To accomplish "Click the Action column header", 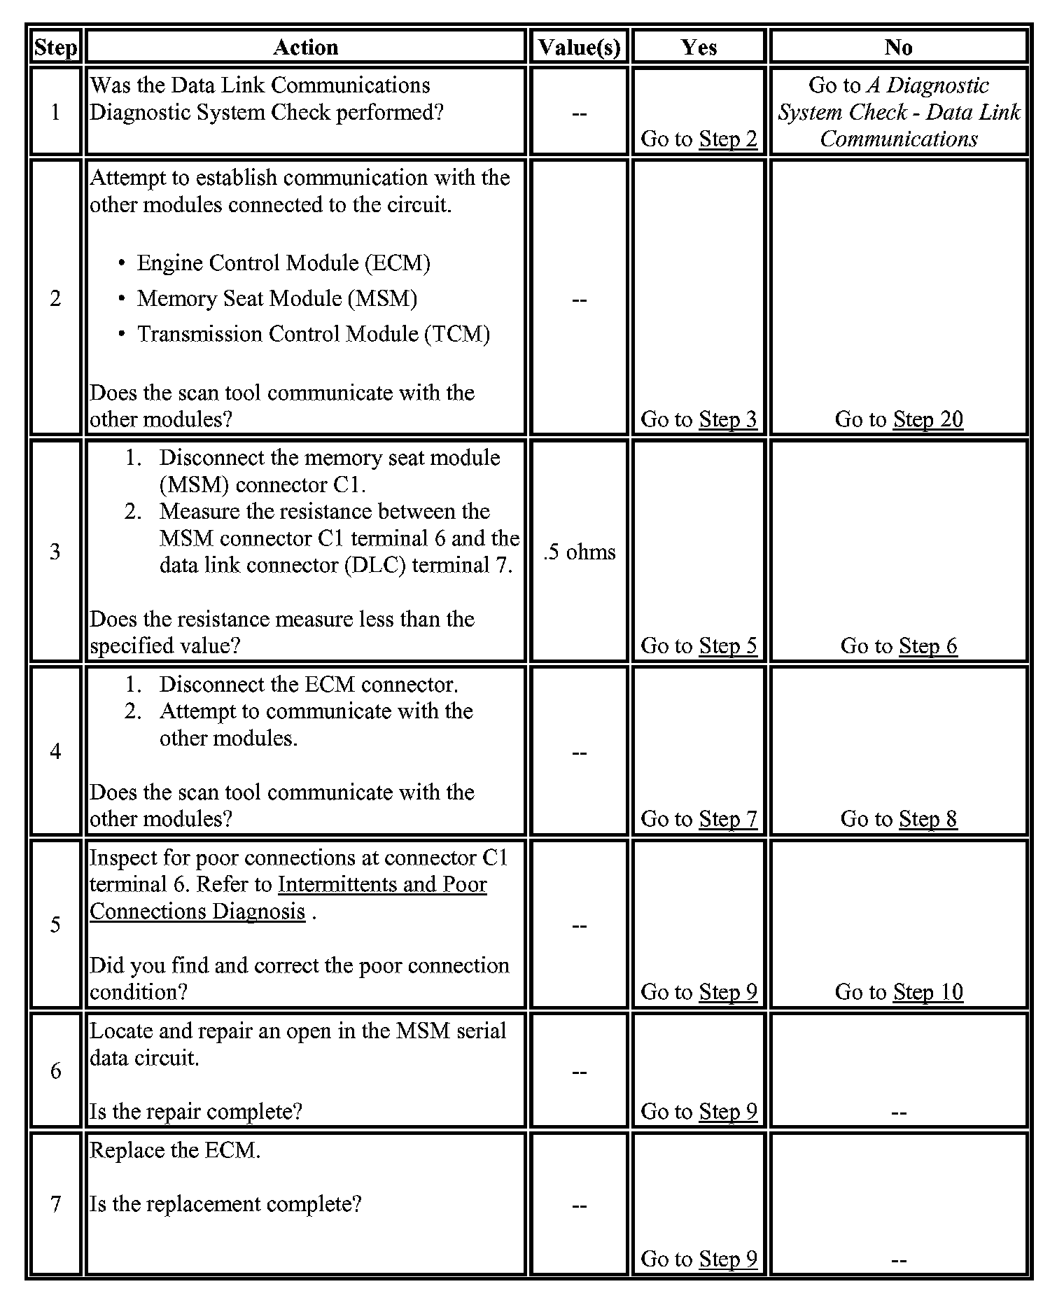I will point(305,47).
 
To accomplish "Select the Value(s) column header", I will point(579,47).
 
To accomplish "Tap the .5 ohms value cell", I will point(579,552).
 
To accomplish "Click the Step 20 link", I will point(927,419).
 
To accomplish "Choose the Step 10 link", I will point(927,991).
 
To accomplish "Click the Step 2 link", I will point(728,139).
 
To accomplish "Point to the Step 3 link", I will point(728,419).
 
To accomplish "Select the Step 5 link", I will point(728,645).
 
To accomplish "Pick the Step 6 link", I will point(927,645).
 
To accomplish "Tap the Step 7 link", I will point(728,818).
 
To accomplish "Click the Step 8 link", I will point(927,818).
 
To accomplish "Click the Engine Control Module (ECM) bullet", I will point(283,263).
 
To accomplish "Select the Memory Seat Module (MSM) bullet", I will point(277,298).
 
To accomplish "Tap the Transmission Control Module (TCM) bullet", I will point(314,334).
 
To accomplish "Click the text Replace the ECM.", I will point(175,1150).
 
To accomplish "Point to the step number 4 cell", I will point(55,751).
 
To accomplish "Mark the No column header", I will point(898,47).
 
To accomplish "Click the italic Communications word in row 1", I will point(899,139).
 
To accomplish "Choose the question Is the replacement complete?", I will point(225,1204).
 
